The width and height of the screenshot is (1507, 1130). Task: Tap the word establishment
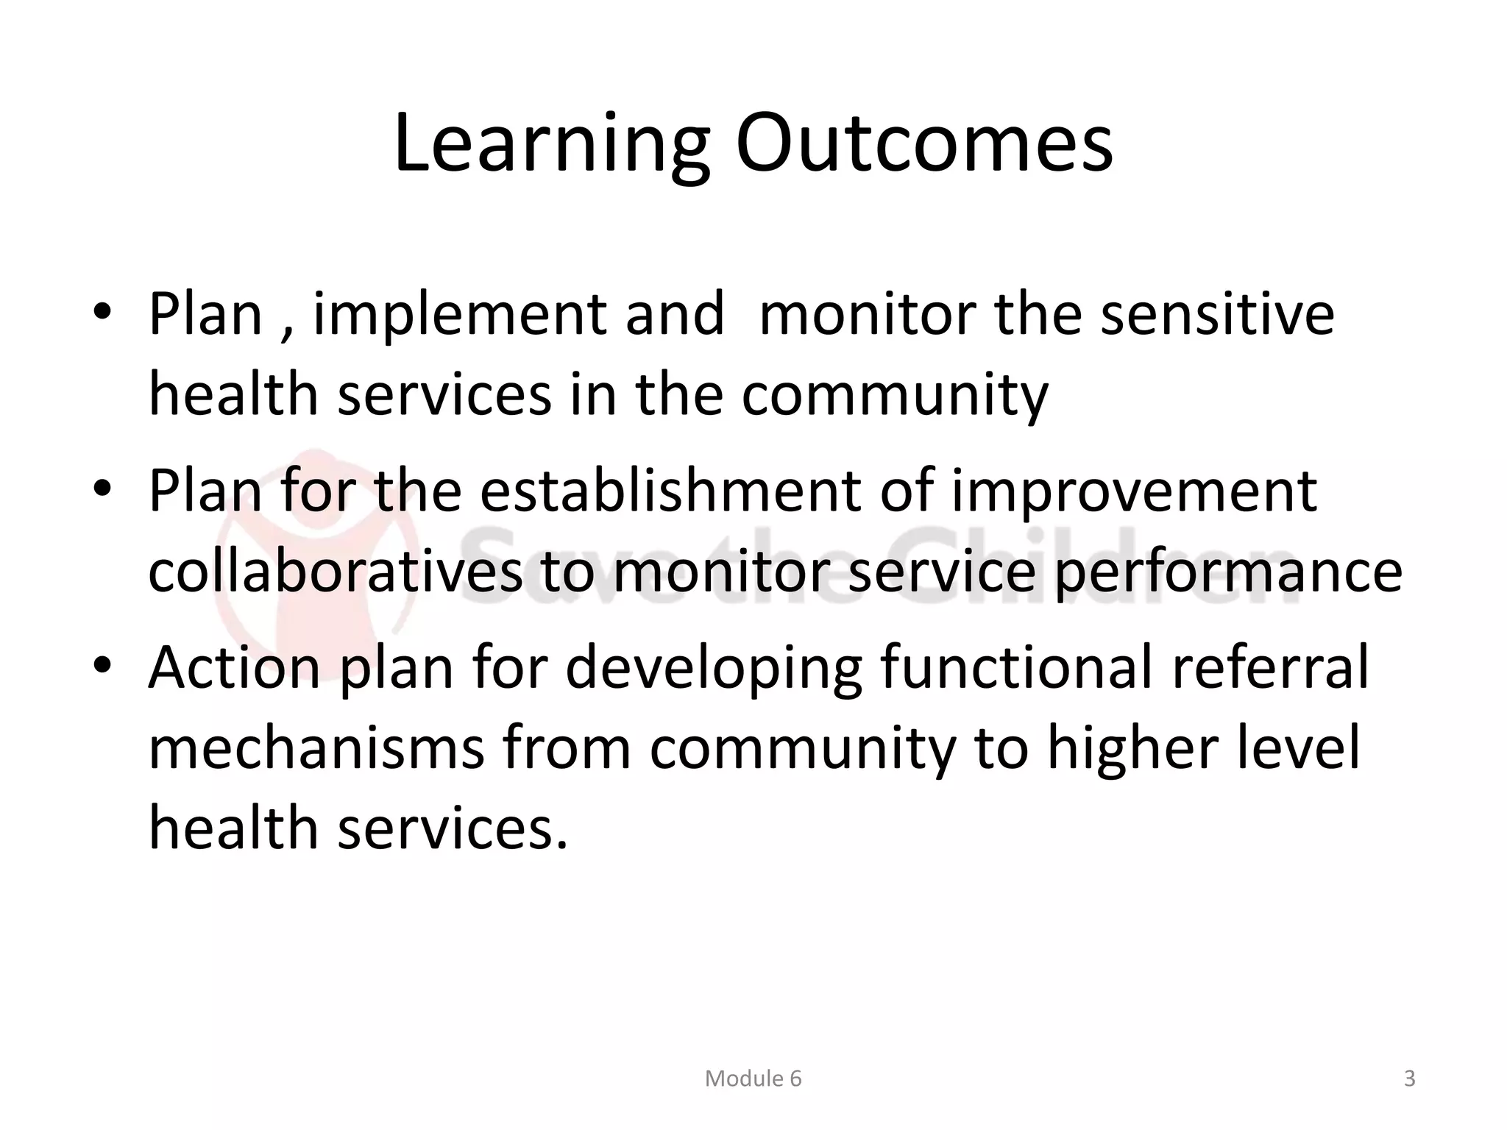pyautogui.click(x=670, y=491)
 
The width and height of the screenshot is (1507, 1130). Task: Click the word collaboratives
pyautogui.click(x=335, y=572)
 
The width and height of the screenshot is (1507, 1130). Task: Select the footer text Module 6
pyautogui.click(x=753, y=1079)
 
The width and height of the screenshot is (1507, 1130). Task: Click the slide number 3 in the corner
pyautogui.click(x=1409, y=1079)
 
